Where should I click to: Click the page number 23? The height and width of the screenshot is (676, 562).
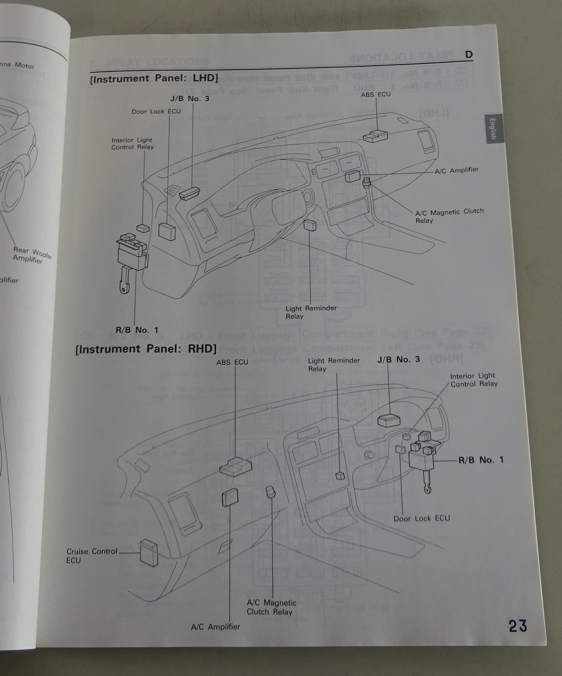coord(518,626)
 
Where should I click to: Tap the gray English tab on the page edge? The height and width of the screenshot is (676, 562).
coord(492,129)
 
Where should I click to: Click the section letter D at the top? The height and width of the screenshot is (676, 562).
coord(469,55)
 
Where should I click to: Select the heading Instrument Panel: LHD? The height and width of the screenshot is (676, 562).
coord(154,79)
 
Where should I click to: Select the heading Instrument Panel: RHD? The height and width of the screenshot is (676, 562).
coord(146,349)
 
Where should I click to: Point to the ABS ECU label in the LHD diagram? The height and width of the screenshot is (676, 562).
coord(375,95)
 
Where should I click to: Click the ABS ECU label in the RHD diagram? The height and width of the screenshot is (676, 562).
coord(232,362)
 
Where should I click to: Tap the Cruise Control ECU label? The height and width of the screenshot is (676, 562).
coord(91,556)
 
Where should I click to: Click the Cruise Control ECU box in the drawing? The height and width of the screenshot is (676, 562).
coord(149,553)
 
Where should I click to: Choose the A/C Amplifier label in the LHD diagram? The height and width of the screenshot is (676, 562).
coord(456,170)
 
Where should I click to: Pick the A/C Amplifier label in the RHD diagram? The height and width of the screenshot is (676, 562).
coord(215,627)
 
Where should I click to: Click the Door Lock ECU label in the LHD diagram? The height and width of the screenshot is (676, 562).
coord(156,112)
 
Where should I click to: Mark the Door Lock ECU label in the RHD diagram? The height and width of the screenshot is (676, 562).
coord(421,518)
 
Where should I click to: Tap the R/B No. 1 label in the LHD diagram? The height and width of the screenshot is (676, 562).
coord(137,330)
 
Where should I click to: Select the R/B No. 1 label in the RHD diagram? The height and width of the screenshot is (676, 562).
coord(481,460)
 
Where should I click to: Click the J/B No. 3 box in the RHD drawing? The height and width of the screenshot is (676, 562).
coord(388,421)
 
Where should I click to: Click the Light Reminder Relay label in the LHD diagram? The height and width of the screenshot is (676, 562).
coord(311,312)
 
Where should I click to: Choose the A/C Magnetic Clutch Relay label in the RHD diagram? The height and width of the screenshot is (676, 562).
coord(271,607)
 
